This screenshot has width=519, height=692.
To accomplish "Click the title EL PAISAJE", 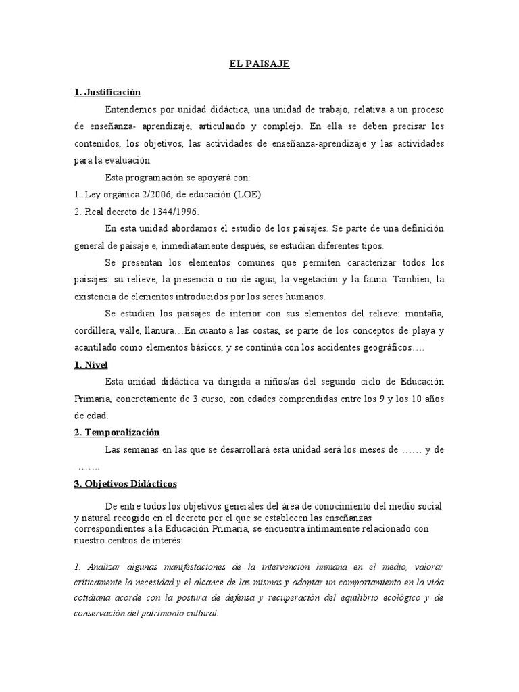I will point(259,64).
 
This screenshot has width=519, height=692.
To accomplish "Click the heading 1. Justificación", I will point(107,92).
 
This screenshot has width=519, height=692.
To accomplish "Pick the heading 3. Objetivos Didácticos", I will point(125,484).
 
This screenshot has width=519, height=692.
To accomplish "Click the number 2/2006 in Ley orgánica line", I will point(141,194).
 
